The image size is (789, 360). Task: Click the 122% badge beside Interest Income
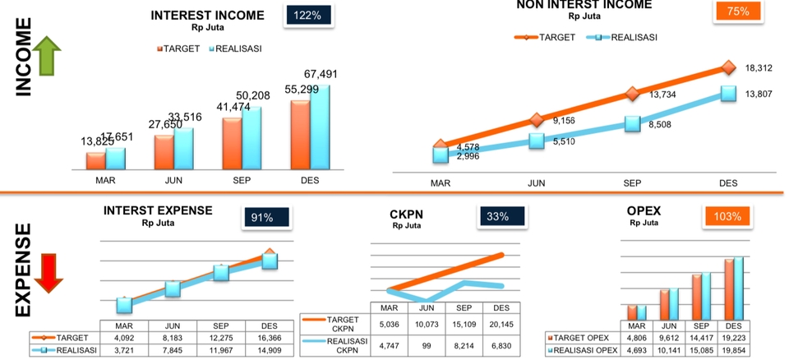pyautogui.click(x=309, y=16)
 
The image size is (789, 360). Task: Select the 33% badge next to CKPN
pyautogui.click(x=498, y=216)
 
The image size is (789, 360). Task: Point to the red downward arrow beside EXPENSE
pyautogui.click(x=48, y=271)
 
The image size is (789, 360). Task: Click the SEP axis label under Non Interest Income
pyautogui.click(x=632, y=183)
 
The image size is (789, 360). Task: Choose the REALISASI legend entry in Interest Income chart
pyautogui.click(x=236, y=48)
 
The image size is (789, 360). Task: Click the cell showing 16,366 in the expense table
pyautogui.click(x=269, y=337)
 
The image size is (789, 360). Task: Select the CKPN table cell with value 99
pyautogui.click(x=427, y=346)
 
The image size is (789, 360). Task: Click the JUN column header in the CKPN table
pyautogui.click(x=427, y=308)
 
